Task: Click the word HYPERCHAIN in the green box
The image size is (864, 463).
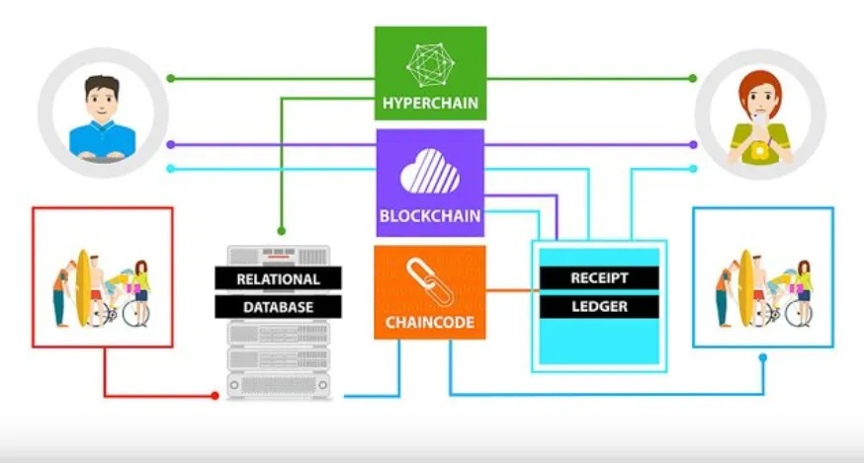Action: coord(430,103)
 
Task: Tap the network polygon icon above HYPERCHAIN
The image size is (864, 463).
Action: coord(430,65)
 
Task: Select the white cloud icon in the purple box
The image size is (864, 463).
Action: coord(430,171)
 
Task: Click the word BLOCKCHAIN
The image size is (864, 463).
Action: coord(430,216)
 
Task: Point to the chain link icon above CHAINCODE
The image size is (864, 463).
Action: coord(430,282)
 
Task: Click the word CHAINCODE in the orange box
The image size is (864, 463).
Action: coord(430,322)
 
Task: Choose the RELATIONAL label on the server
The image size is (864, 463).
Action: coord(278,279)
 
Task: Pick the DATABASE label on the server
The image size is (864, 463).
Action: coord(278,307)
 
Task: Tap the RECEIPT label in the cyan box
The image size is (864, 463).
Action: coord(599,278)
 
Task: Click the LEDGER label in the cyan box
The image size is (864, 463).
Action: coord(599,306)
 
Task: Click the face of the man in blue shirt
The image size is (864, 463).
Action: coord(103,102)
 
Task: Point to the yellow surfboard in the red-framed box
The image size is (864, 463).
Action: coord(83,288)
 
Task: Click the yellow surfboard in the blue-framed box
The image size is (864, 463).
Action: coord(746,288)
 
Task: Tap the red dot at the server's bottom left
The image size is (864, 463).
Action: coord(215,395)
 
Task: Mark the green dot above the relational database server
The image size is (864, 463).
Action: coord(281,231)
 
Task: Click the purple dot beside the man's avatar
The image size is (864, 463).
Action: coord(171,145)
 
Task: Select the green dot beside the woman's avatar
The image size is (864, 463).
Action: coord(693,78)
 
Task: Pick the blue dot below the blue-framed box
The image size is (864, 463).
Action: coord(762,357)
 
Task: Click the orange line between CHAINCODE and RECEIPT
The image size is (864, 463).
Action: coord(509,290)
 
